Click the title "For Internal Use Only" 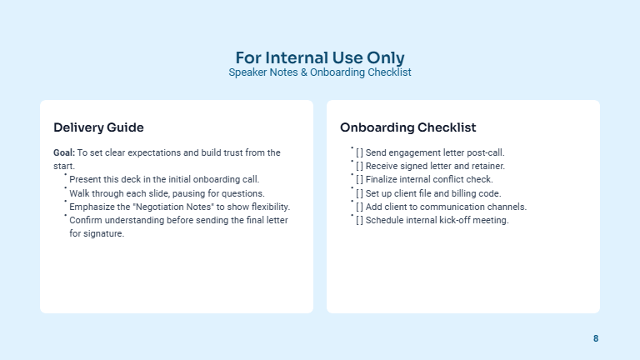point(320,57)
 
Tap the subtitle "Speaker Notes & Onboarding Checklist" point(320,72)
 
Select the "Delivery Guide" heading point(98,127)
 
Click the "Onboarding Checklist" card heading point(407,127)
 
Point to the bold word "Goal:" point(64,152)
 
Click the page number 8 point(596,338)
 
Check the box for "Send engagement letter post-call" point(359,152)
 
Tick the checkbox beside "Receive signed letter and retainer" point(359,166)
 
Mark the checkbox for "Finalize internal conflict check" point(359,179)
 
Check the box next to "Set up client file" point(359,193)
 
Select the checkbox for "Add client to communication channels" point(359,207)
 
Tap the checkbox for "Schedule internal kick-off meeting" point(359,220)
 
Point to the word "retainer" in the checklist point(488,166)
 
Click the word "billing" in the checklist point(458,193)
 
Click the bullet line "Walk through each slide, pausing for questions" point(167,192)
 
